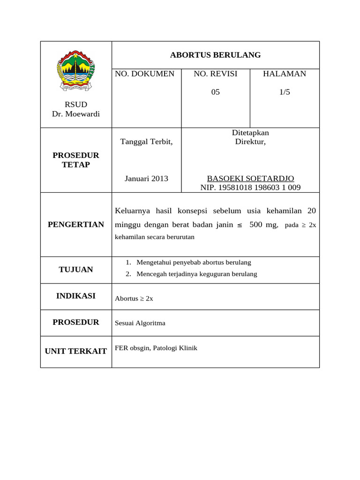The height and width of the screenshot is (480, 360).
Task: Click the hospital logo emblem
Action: point(75,71)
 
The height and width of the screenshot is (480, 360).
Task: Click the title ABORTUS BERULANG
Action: point(215,55)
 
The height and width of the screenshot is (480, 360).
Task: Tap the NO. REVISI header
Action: point(216,74)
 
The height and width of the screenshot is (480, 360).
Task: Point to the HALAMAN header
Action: point(285,74)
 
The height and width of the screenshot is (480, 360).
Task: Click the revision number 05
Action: point(216,92)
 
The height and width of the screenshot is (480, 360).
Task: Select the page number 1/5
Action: point(285,92)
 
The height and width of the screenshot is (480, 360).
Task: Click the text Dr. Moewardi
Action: point(76,114)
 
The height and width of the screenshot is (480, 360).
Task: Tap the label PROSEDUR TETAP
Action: point(76,160)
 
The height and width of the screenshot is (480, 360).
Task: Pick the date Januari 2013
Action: point(146,179)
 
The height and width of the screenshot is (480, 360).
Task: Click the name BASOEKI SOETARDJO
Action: point(250,179)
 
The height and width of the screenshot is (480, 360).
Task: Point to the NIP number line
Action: point(250,187)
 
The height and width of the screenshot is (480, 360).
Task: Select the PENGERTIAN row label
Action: point(76,224)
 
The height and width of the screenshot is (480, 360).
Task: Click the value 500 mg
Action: point(263,225)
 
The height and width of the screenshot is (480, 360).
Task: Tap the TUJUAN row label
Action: point(76,270)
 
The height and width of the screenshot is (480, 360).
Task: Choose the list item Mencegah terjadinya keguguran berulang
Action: point(197,274)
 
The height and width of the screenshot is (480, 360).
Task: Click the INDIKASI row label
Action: point(76,296)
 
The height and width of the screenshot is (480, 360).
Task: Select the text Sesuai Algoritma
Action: point(140,323)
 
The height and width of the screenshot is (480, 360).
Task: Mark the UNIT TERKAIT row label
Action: point(76,351)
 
